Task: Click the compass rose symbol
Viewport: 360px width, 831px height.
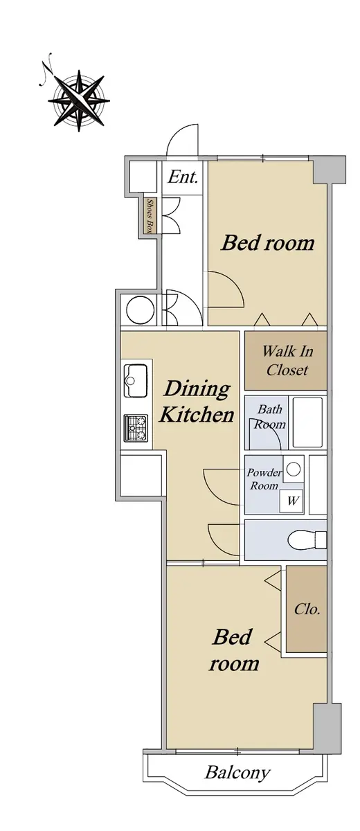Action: point(79,100)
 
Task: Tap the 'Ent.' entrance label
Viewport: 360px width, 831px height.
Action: point(182,177)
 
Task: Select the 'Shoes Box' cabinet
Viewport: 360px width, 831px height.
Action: point(150,215)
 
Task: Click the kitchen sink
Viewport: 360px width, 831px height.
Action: point(136,380)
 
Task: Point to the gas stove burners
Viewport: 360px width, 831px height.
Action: point(136,428)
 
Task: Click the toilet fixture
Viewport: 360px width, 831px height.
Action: point(307,539)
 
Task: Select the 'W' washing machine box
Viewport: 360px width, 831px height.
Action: point(292,501)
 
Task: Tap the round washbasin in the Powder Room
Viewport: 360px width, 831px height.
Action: point(294,469)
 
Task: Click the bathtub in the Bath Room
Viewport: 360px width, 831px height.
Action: point(307,422)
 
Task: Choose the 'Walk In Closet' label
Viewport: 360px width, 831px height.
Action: point(287,360)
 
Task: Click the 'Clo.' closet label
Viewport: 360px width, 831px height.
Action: point(307,609)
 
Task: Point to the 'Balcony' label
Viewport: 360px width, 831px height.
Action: point(237,772)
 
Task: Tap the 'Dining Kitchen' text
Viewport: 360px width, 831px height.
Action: point(197,402)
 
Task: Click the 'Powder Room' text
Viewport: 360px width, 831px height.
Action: point(264,479)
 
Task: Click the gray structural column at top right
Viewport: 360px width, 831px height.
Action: point(330,170)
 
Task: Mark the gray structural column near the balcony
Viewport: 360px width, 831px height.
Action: point(327,729)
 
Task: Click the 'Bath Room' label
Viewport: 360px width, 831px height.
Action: point(270,417)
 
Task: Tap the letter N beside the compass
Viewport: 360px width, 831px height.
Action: point(46,70)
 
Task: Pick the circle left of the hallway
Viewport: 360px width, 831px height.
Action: point(140,310)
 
